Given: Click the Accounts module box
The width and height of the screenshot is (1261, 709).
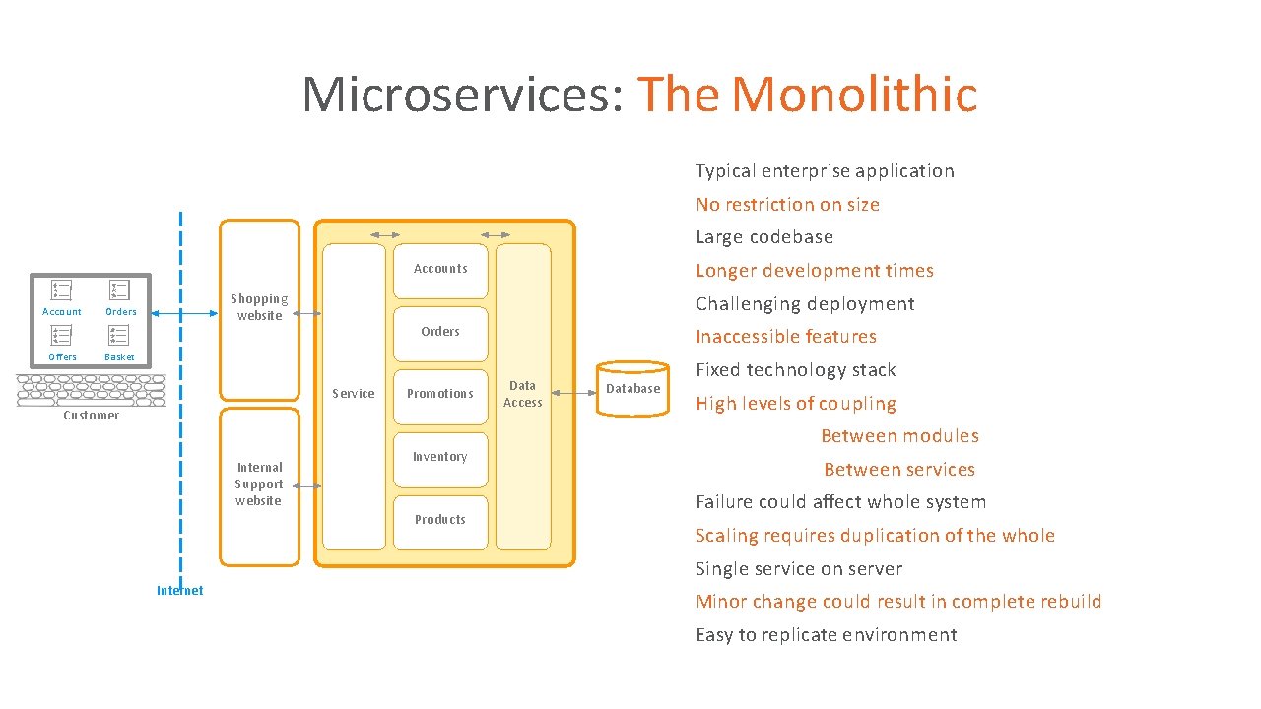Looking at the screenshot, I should (x=440, y=270).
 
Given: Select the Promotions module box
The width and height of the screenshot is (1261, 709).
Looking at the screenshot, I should (x=440, y=395).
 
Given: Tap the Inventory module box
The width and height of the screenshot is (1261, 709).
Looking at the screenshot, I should (x=440, y=459).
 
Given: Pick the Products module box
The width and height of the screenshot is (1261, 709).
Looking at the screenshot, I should (x=440, y=521).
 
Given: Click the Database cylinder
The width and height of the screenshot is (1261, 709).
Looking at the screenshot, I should (x=632, y=389).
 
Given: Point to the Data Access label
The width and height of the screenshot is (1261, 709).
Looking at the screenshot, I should (x=522, y=394).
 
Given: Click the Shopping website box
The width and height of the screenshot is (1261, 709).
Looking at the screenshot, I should (x=259, y=308).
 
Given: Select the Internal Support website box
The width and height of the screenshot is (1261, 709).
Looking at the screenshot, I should (x=259, y=485).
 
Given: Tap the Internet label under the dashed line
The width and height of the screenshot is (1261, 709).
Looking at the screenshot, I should (x=180, y=591).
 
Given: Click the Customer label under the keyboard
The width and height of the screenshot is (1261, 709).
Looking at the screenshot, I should (x=91, y=416).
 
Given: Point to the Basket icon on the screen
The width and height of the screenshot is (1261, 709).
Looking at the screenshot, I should (x=119, y=336).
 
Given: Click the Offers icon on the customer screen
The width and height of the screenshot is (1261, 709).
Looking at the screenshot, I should (x=62, y=336).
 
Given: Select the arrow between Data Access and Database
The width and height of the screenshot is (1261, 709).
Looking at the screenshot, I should (x=575, y=393).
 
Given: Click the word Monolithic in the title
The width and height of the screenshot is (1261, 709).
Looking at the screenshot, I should (x=854, y=95).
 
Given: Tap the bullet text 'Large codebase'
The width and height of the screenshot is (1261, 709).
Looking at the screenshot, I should (x=764, y=237).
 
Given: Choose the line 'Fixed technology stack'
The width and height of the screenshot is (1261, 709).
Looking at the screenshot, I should (x=796, y=370).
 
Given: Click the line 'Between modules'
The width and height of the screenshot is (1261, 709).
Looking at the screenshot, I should (x=899, y=436).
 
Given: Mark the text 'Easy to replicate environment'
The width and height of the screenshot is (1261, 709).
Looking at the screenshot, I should (x=826, y=635).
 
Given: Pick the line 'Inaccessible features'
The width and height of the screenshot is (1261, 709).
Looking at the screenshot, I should (x=786, y=337).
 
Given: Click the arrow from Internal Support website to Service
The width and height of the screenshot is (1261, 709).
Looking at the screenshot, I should (x=307, y=486).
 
